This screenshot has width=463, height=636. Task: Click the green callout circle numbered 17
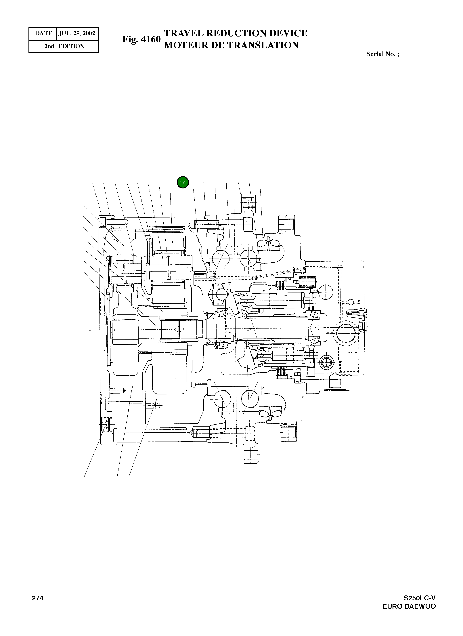click(183, 183)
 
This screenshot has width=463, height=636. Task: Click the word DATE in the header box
click(43, 33)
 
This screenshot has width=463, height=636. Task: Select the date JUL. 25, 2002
click(77, 33)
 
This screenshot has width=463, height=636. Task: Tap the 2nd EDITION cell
click(64, 46)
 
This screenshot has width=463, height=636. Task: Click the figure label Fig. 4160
click(141, 40)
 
